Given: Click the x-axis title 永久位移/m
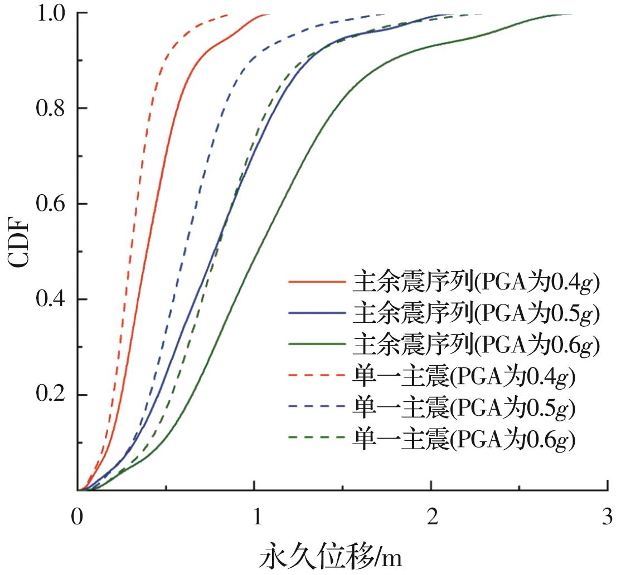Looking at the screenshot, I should (330, 557).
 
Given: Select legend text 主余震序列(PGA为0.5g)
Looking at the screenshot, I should (476, 314).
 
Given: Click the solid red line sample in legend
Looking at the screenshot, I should (317, 283).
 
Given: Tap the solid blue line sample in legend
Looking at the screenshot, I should (317, 314).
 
